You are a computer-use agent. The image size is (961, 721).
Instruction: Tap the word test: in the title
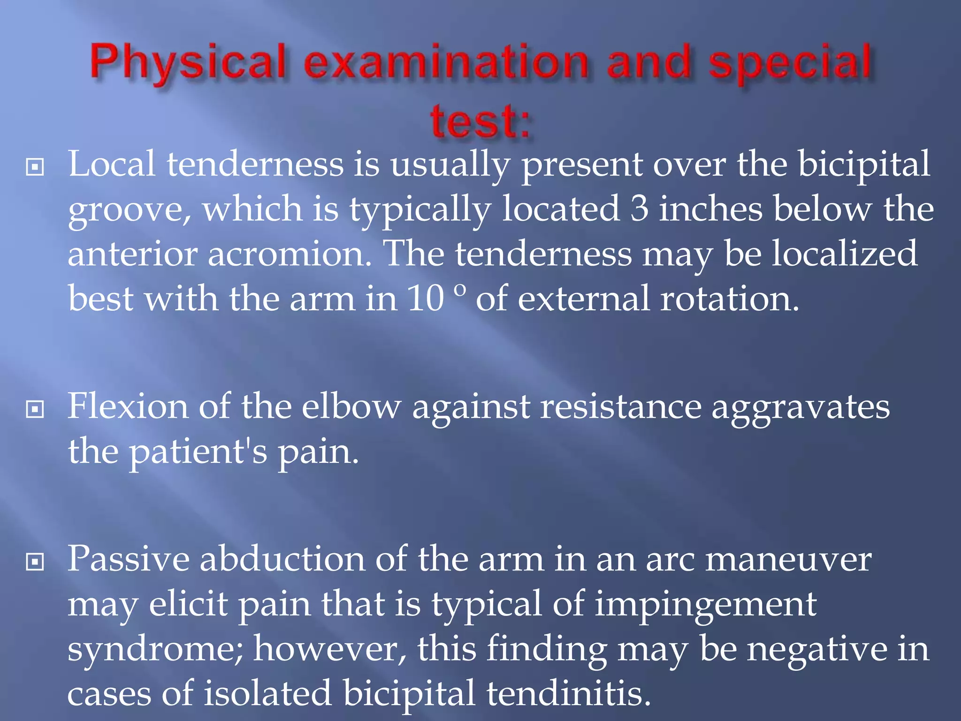point(480,121)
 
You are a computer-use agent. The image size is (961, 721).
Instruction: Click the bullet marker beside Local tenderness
point(35,167)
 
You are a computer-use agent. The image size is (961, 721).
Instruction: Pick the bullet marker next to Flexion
point(35,409)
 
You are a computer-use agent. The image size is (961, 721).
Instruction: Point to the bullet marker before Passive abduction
point(35,561)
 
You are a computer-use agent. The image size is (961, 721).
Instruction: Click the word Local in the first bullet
point(112,164)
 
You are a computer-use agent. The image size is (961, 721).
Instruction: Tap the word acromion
point(290,254)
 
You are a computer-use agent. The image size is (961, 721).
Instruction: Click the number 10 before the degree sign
point(426,299)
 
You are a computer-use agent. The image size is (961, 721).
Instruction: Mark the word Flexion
point(128,407)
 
